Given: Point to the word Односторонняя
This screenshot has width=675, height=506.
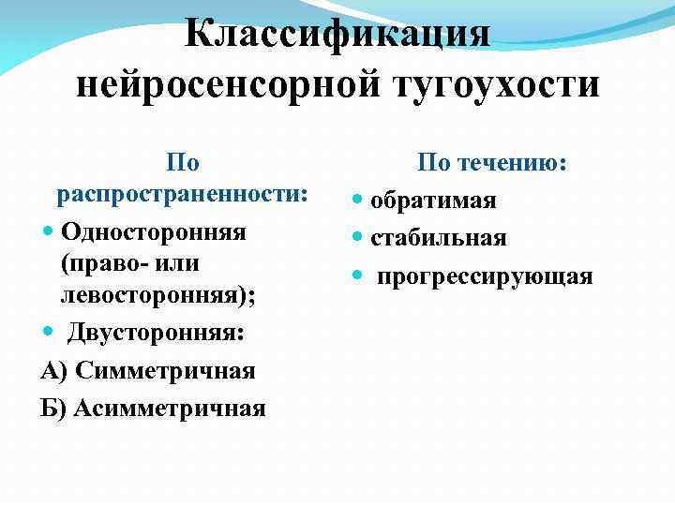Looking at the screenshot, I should (152, 231).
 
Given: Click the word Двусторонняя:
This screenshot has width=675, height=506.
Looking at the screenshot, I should (154, 333).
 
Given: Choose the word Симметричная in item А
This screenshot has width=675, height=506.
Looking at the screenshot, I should (165, 370).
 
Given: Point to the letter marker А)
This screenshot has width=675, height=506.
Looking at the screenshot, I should (54, 370).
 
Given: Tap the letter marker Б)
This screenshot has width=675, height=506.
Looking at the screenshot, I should (53, 408).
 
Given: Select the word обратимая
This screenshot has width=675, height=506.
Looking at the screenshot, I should (433, 201).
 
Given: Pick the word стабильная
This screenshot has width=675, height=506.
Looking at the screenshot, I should (439, 238).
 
